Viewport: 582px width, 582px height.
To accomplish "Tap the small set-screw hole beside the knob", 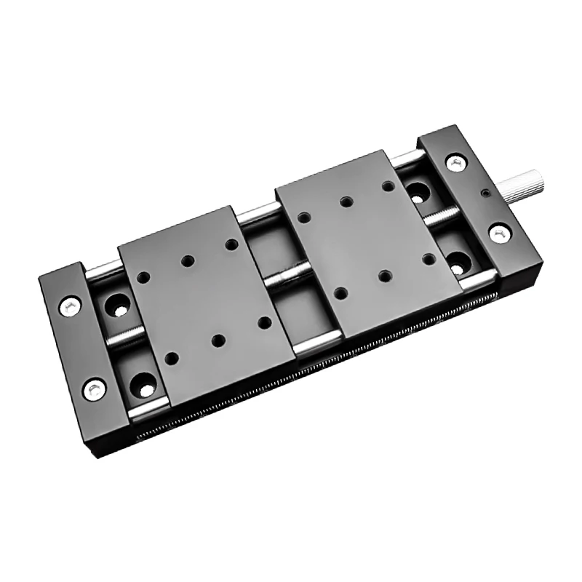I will coord(484,195).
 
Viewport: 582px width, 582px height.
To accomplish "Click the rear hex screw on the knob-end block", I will coord(455,163).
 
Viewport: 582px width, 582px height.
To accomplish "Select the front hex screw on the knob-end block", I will coord(499,233).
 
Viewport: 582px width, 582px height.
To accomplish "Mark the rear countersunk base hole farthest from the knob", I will coord(116,306).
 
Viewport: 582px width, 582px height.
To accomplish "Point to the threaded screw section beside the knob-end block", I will coord(439,216).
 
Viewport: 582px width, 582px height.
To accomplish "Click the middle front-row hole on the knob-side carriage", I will coord(383,276).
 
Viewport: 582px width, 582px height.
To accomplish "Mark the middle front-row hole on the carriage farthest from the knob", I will coord(218,339).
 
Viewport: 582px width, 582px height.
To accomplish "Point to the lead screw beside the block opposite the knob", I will coord(124,336).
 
